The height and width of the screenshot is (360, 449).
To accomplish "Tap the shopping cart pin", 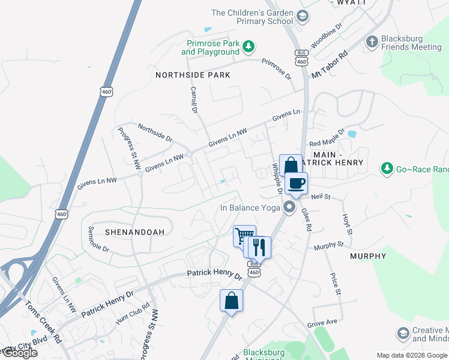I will coord(244,236).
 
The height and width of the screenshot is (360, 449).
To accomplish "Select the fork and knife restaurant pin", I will coord(259,247).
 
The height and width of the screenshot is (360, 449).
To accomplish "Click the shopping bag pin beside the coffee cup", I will coord(291,166).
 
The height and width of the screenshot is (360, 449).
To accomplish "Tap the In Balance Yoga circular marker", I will coord(290,208).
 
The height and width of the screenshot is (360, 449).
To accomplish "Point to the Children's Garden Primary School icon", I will coord(303,15).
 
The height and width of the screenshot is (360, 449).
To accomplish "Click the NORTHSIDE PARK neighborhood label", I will coord(193,75).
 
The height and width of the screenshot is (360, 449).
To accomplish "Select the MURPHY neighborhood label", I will coord(368,256).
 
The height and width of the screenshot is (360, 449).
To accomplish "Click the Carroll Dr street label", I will coord(194,100).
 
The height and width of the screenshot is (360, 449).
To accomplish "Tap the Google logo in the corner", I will coord(19,353).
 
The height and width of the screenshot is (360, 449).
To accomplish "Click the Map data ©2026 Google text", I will coord(412,355).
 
